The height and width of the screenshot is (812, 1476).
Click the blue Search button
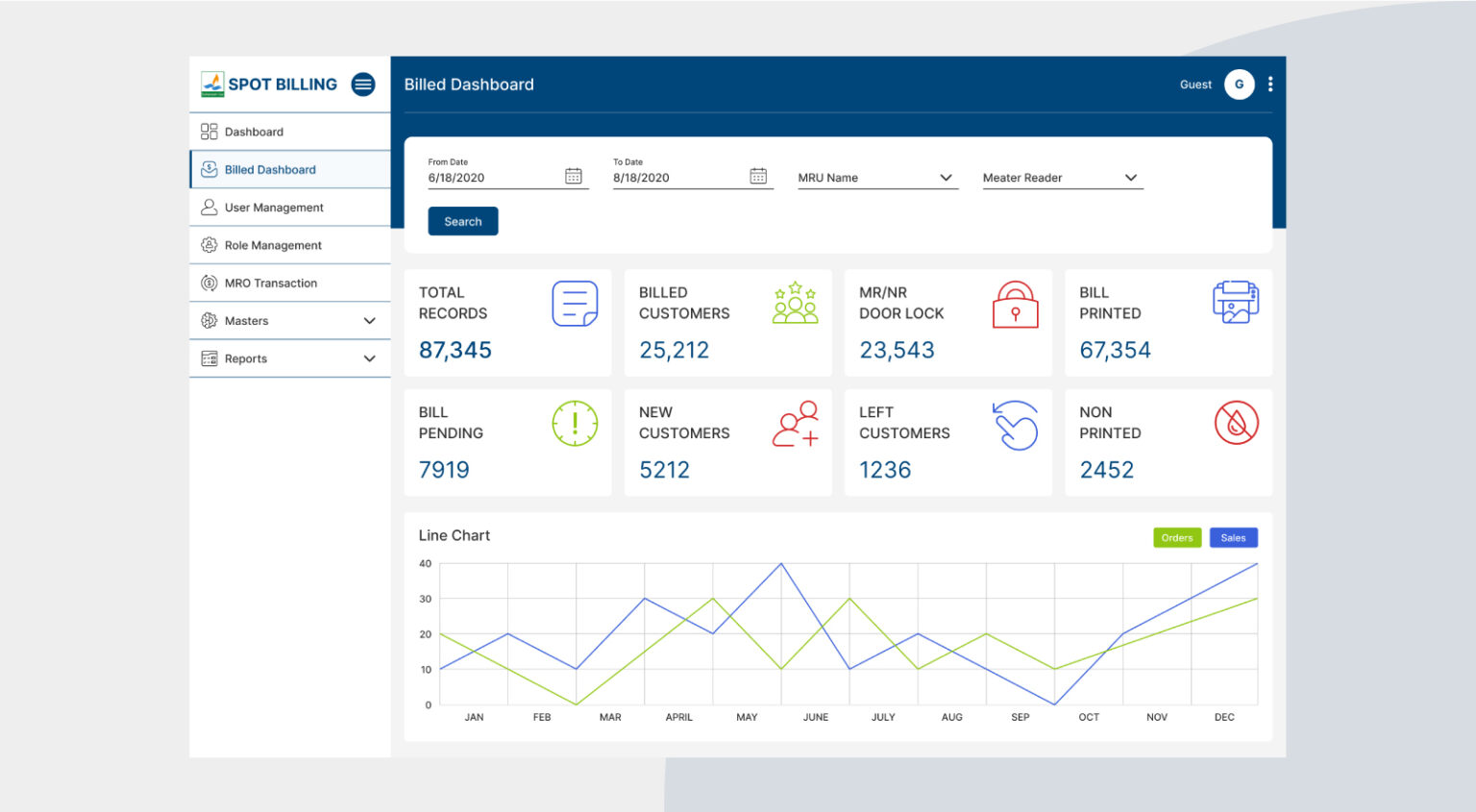[x=462, y=221]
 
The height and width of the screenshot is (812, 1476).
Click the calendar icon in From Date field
[x=574, y=176]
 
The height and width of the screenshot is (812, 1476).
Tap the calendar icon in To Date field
[x=758, y=176]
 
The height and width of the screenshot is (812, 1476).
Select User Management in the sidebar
[x=274, y=208]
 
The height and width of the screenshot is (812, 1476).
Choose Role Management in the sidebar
[x=273, y=245]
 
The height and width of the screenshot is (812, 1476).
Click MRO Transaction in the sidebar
[x=270, y=283]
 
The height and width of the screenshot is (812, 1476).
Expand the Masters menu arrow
[x=369, y=321]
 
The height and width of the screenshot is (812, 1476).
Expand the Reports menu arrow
[x=369, y=358]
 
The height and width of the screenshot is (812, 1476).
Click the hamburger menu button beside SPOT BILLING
[x=363, y=85]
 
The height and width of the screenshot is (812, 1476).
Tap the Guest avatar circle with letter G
[x=1239, y=85]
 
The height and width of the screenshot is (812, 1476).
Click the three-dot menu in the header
[x=1270, y=85]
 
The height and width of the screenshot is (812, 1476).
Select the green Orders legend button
[x=1176, y=538]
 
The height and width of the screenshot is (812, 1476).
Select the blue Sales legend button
[x=1233, y=538]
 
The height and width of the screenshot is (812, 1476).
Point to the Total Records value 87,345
[x=455, y=350]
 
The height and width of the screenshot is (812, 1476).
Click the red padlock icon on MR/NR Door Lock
[x=1015, y=305]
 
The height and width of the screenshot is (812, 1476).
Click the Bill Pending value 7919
[x=444, y=470]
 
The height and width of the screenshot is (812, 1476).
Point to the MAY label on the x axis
[x=747, y=717]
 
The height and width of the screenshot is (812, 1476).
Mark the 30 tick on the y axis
[x=426, y=599]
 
